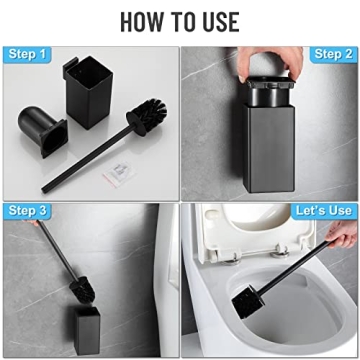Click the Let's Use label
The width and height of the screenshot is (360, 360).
(322, 210)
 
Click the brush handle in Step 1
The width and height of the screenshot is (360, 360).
(95, 150)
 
